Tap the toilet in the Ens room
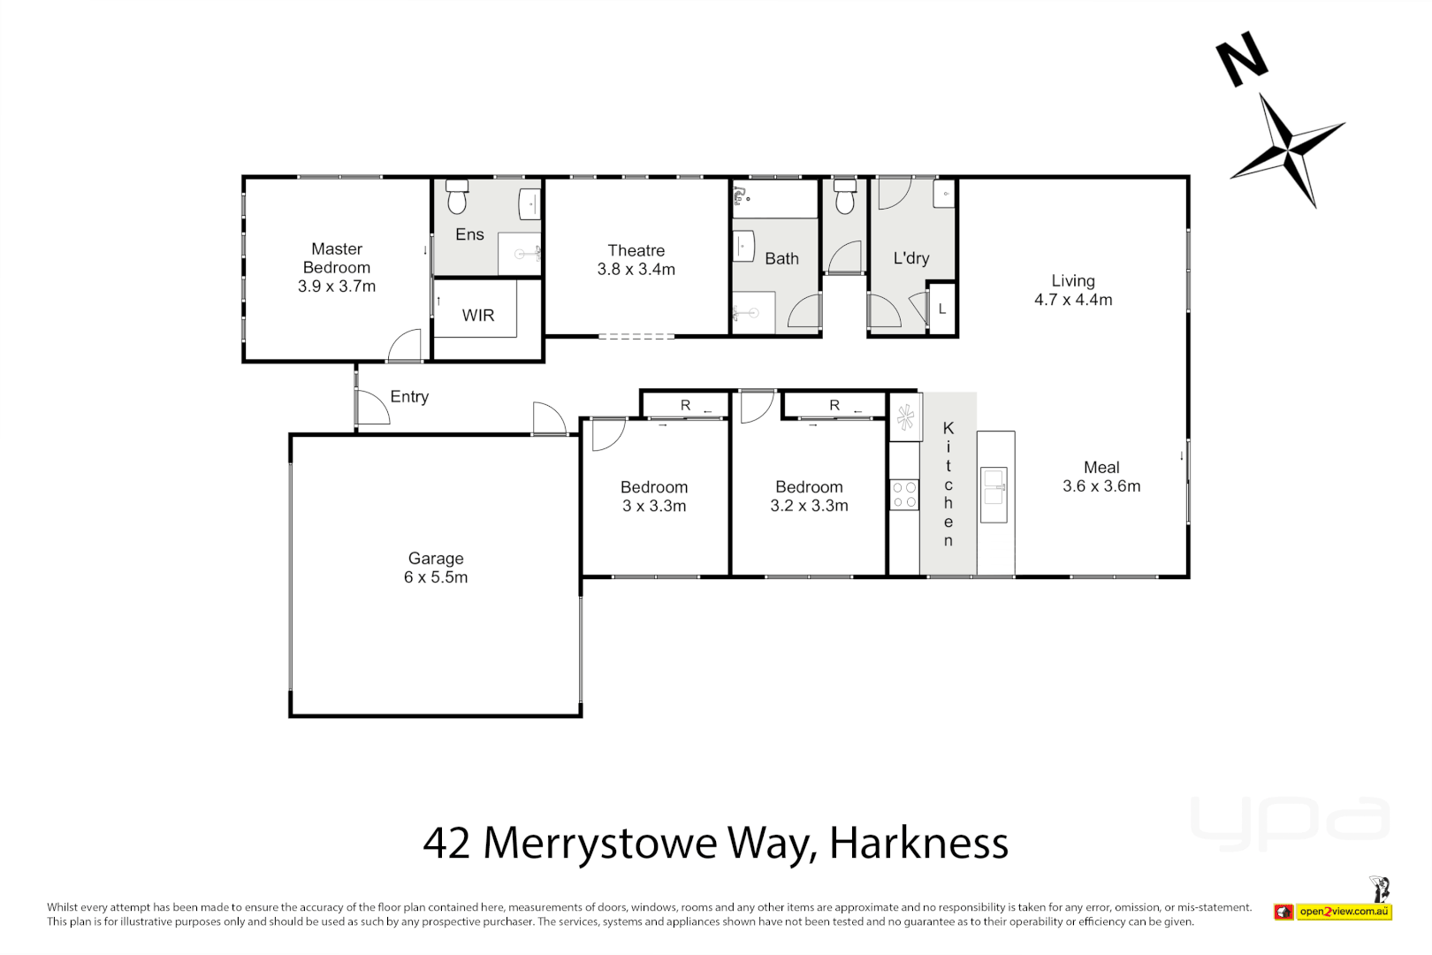(x=456, y=198)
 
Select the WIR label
(x=477, y=316)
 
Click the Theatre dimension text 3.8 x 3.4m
(x=636, y=270)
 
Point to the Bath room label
(x=781, y=259)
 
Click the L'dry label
(x=910, y=258)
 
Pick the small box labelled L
(x=942, y=309)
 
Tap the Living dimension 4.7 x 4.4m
(x=1073, y=300)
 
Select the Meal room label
(x=1101, y=467)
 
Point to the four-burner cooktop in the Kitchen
(x=903, y=495)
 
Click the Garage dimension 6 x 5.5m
(x=436, y=577)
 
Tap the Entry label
(x=409, y=397)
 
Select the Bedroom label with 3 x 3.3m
(x=653, y=487)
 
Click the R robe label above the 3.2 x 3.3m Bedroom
(x=834, y=405)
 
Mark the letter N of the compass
(x=1241, y=59)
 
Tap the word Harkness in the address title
(x=918, y=843)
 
